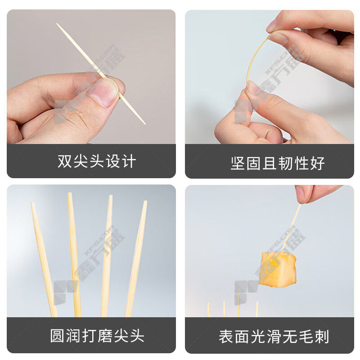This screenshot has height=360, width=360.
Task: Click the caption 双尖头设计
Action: click(97, 161)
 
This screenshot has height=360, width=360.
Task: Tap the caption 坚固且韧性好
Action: click(278, 163)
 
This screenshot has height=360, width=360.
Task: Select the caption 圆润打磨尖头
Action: click(97, 336)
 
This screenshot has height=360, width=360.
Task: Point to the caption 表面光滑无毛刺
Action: click(274, 337)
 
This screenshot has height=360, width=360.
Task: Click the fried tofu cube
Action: click(278, 270)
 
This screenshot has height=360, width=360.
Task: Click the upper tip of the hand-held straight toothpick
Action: click(57, 23)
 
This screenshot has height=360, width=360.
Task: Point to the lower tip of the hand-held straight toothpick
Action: click(145, 124)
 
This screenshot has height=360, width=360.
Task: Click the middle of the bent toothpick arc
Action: click(252, 58)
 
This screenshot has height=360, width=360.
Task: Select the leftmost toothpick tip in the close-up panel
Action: click(32, 203)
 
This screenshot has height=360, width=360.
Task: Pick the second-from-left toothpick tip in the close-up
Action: click(70, 193)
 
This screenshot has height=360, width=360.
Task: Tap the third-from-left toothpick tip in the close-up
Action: click(111, 196)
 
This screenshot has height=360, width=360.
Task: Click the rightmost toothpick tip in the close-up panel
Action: click(145, 202)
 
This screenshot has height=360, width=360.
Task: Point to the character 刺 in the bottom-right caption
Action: click(322, 337)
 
